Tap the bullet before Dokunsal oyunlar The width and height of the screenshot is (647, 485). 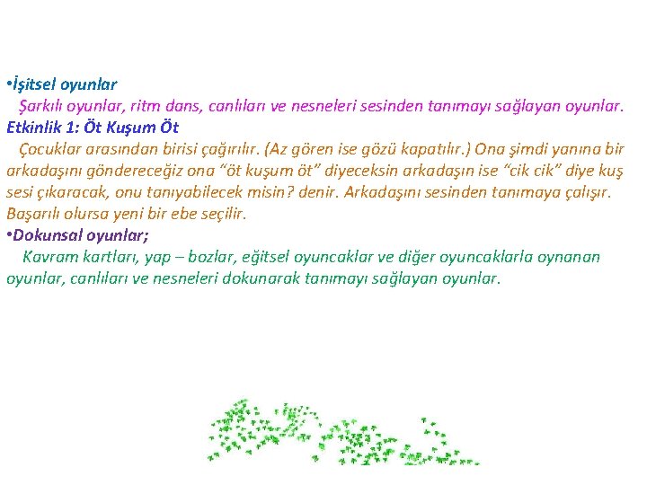tap(9, 236)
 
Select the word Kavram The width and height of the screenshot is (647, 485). tap(51, 258)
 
